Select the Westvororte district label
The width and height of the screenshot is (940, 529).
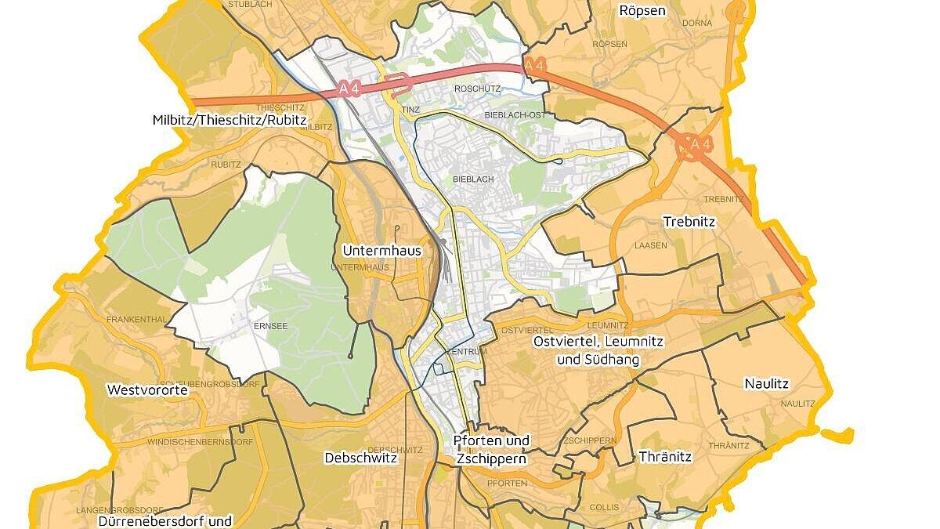point(148,390)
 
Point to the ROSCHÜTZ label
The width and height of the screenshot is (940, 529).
point(477,89)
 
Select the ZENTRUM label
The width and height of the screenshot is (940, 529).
point(466,352)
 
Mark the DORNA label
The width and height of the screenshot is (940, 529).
point(674,24)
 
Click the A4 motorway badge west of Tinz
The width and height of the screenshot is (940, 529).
point(349,89)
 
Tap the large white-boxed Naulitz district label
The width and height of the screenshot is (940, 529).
point(767,384)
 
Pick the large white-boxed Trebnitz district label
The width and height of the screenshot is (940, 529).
point(689,222)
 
